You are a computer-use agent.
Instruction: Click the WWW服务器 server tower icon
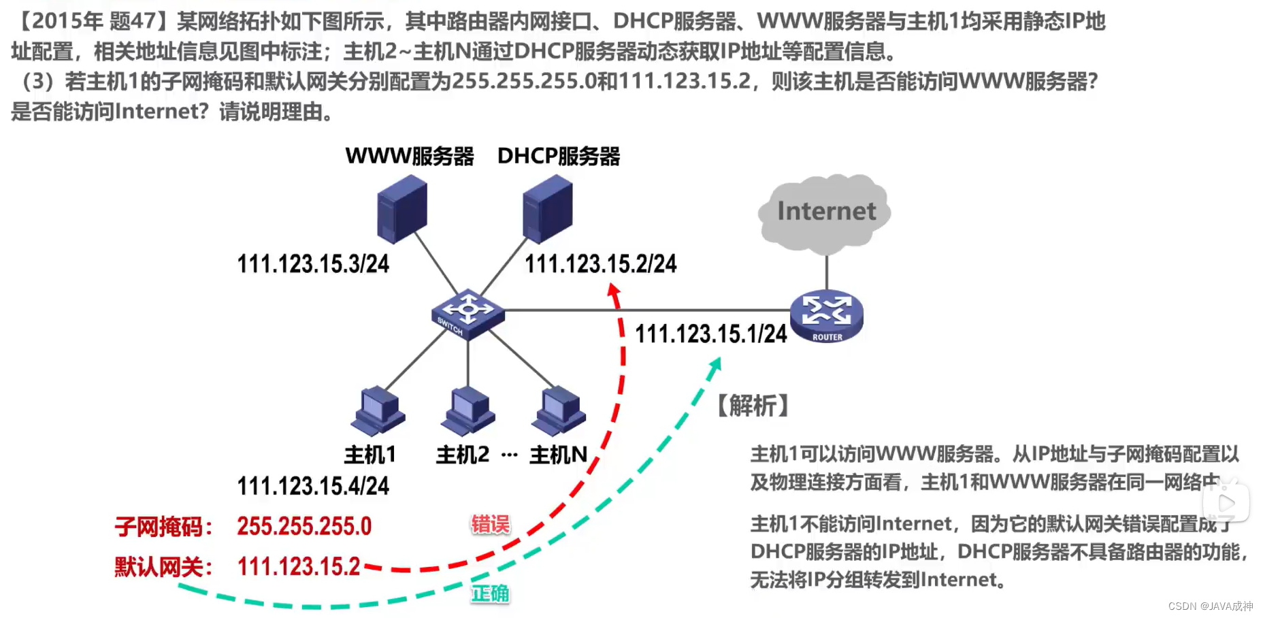401,209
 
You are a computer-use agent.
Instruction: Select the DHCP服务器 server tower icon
547,209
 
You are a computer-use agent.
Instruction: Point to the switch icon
468,313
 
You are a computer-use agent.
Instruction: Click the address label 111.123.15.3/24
313,264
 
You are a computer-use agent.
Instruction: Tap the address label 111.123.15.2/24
600,264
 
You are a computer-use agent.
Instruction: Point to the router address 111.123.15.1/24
710,334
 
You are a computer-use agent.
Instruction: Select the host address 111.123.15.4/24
313,486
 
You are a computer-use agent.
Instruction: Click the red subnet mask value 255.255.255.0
304,526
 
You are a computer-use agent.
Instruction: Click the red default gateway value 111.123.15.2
298,566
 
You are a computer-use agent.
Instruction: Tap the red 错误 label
490,524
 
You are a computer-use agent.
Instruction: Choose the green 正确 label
490,593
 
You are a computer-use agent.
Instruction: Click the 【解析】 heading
753,406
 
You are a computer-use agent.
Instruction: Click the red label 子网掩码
163,527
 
